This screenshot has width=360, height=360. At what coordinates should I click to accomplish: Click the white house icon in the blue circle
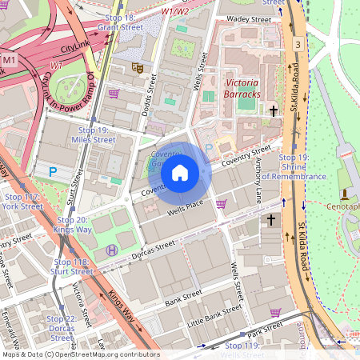(180, 172)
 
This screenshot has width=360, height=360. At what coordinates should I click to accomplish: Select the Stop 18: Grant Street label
(114, 22)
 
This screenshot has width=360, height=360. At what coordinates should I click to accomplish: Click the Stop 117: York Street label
(22, 201)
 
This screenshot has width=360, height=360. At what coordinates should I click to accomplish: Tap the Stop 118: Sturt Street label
(72, 266)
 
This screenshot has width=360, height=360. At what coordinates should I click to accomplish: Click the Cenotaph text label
(345, 206)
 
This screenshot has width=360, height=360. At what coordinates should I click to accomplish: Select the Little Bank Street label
(214, 318)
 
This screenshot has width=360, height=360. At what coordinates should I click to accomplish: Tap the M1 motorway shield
(10, 60)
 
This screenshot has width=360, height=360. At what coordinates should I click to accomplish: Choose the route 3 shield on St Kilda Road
(297, 44)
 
